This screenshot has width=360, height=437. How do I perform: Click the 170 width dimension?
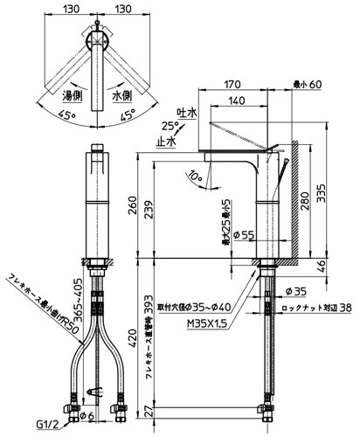(232, 85)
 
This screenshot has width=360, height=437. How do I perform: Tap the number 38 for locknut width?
(347, 307)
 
